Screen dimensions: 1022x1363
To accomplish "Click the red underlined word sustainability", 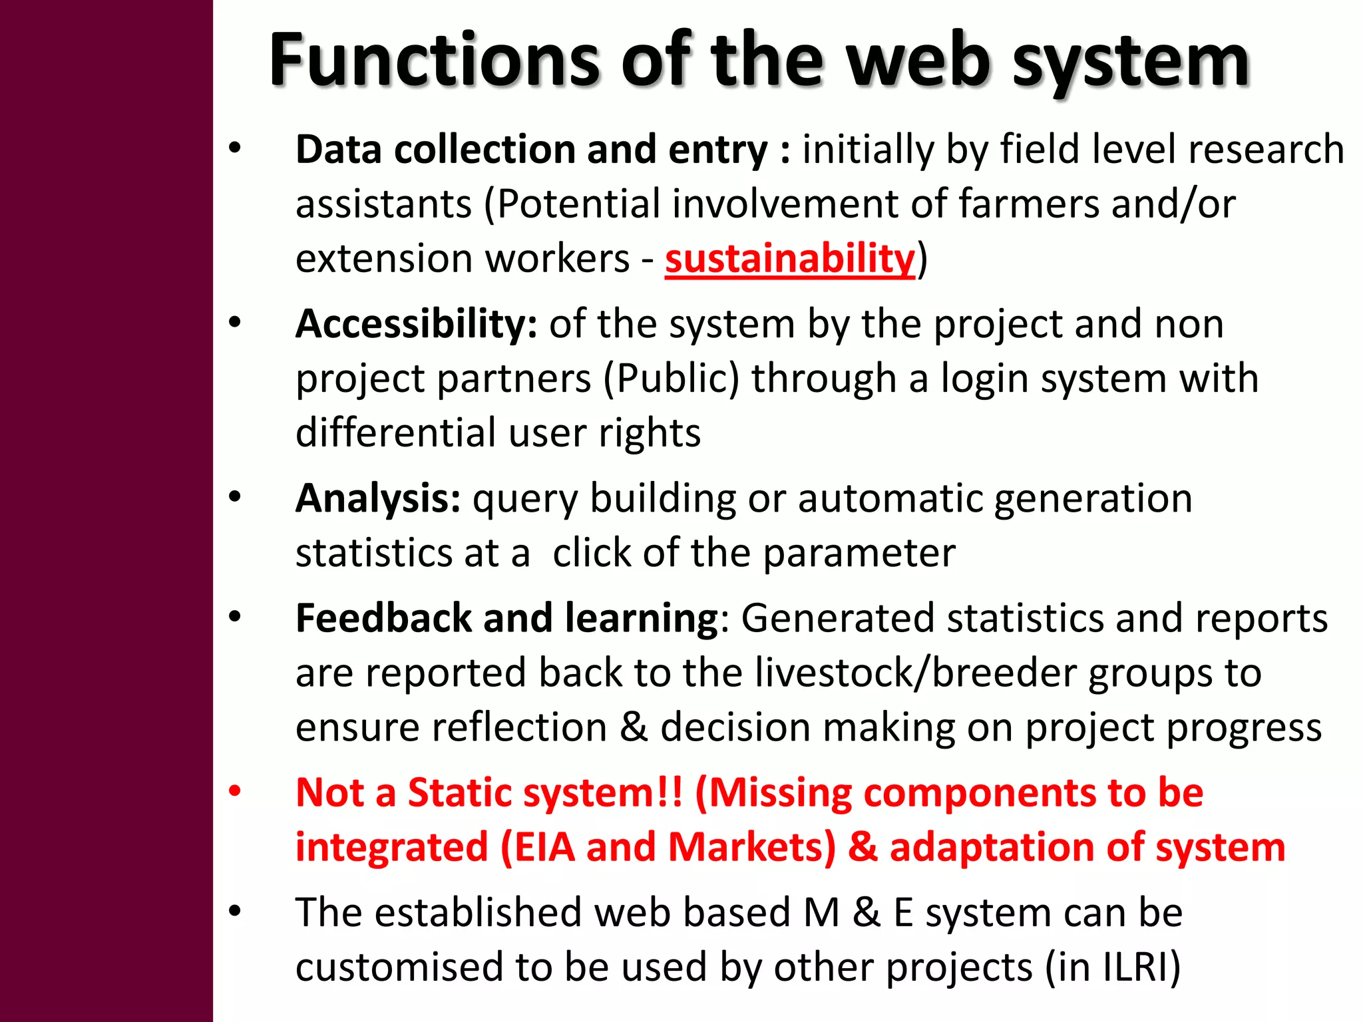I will (x=790, y=258).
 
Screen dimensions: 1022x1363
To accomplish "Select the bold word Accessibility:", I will (x=416, y=324).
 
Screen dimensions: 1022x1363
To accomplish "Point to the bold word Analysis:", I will (x=377, y=498).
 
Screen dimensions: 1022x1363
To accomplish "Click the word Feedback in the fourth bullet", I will (x=383, y=618).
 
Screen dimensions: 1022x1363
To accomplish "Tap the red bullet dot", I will (x=235, y=792).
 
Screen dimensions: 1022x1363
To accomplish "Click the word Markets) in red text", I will (x=752, y=847).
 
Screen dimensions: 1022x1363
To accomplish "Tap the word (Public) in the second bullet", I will (x=672, y=379).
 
